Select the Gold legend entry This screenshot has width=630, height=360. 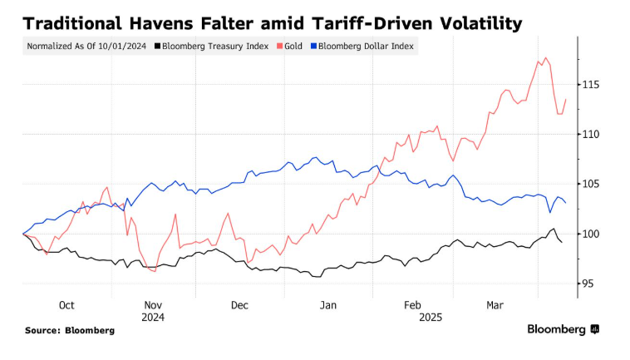[291, 46]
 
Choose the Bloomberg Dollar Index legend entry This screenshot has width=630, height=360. [367, 46]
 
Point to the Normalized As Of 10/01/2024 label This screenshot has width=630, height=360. [86, 46]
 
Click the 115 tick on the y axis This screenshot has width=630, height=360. [591, 85]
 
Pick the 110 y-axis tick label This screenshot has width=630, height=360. [591, 134]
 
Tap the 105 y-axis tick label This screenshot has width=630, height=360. [591, 184]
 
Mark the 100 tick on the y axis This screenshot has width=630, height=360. [591, 234]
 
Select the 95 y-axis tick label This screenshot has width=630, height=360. [588, 284]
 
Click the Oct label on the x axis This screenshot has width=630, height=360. [66, 305]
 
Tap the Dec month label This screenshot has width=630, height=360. [240, 305]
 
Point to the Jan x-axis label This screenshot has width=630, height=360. [329, 305]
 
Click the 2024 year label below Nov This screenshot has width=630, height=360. [153, 317]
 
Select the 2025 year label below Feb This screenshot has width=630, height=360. [431, 317]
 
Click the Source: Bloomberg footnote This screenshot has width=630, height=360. [70, 330]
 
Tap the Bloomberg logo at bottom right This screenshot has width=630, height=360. [562, 329]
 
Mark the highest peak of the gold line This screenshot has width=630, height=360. [546, 58]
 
